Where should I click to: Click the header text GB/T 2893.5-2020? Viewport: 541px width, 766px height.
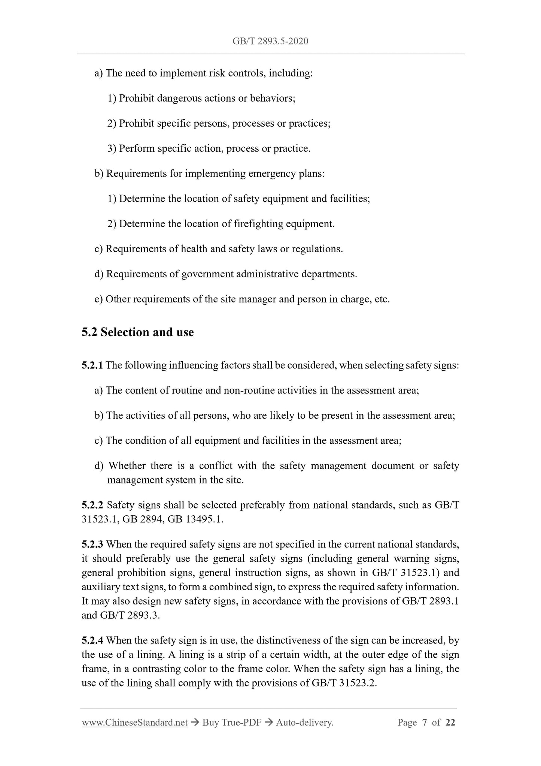click(270, 41)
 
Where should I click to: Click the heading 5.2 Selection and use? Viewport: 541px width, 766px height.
click(138, 332)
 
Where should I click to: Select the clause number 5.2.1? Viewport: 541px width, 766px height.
click(92, 365)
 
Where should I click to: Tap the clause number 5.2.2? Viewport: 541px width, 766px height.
click(92, 505)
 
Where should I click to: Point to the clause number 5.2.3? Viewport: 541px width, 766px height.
click(92, 544)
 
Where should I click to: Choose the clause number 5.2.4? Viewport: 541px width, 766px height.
click(92, 640)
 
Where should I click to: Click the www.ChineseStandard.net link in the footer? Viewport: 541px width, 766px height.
click(134, 723)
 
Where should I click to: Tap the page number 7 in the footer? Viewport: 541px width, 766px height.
click(424, 723)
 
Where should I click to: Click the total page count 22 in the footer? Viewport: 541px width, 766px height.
click(450, 723)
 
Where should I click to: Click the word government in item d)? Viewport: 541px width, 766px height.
click(207, 274)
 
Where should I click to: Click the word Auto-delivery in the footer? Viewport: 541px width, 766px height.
click(304, 723)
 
